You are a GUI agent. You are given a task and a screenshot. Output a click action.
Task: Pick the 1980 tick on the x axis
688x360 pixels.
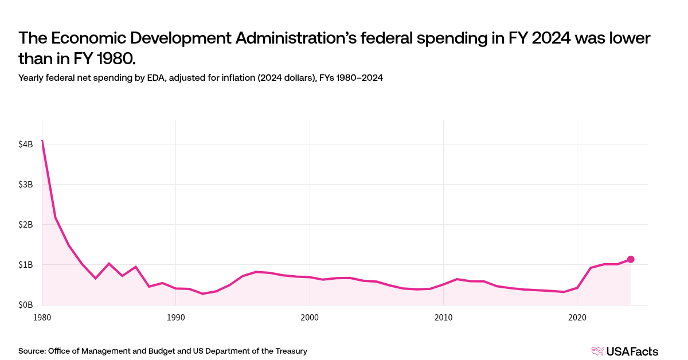42,316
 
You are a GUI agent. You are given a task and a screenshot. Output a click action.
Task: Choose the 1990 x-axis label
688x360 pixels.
176,316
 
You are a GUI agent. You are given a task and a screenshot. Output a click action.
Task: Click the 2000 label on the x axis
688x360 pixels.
310,316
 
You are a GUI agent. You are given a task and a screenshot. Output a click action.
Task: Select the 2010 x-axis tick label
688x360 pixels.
443,316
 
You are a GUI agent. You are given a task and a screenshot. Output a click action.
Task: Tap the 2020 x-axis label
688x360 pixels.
577,316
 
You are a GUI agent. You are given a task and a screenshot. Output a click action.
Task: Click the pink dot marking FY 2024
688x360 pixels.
631,259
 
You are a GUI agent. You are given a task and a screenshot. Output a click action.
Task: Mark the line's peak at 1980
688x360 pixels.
42,140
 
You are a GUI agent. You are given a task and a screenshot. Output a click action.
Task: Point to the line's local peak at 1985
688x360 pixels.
109,264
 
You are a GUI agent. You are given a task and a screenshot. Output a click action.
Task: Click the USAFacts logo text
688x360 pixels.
632,351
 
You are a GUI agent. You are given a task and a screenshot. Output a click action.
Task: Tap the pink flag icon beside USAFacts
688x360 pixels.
597,351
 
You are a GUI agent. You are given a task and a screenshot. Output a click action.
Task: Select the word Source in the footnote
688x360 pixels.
32,351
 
